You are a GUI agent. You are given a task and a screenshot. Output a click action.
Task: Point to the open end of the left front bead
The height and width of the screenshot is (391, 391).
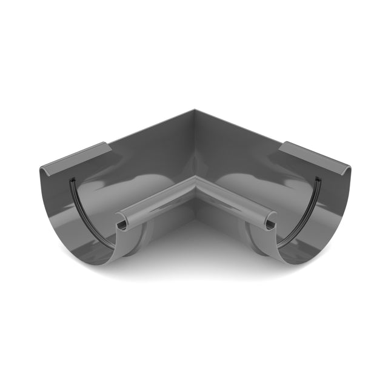pyautogui.click(x=121, y=225)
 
